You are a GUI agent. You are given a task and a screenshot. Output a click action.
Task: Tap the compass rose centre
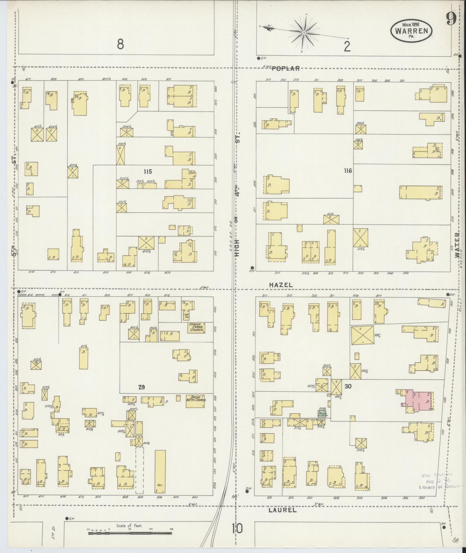(x=304, y=33)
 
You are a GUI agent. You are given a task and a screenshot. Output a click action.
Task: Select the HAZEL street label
(x=281, y=285)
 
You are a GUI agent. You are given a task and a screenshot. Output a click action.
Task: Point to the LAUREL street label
(x=282, y=510)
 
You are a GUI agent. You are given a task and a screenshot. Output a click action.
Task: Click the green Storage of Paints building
(x=322, y=413)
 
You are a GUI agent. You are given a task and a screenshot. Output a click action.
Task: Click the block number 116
(x=348, y=171)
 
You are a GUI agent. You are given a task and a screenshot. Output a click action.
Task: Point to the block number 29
(x=141, y=387)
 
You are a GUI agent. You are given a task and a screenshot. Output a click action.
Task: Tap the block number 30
(x=348, y=386)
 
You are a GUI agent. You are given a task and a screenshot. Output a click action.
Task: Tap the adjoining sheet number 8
(x=120, y=45)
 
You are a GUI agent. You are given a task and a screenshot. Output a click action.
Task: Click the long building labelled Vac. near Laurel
(x=160, y=476)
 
